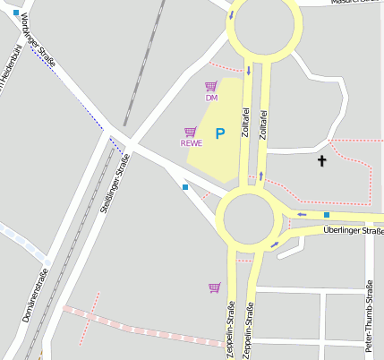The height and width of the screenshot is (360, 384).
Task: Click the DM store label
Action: pos(211,98)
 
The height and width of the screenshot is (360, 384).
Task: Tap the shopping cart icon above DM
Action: pos(211,86)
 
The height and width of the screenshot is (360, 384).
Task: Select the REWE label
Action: pos(192,142)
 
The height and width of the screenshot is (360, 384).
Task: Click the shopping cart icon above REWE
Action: pos(190,132)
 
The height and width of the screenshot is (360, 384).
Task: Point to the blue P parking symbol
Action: pos(219,133)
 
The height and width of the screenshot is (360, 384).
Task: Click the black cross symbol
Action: pos(322,161)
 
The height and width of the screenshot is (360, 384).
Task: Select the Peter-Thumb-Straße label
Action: pos(368,319)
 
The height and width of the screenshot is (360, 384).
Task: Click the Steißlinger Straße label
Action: pos(117,184)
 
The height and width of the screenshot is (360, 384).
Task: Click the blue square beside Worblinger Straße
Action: pos(16,13)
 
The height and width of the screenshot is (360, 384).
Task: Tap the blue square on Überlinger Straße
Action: pos(327,215)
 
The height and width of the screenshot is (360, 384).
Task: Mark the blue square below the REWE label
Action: pos(185,187)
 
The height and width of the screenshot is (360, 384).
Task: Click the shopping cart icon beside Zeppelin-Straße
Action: pos(214,287)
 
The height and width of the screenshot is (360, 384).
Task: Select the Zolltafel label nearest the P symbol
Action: pos(245,123)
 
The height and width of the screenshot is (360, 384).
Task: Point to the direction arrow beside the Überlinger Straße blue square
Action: pos(303,215)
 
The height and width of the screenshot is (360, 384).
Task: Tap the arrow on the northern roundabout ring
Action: pos(232,15)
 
